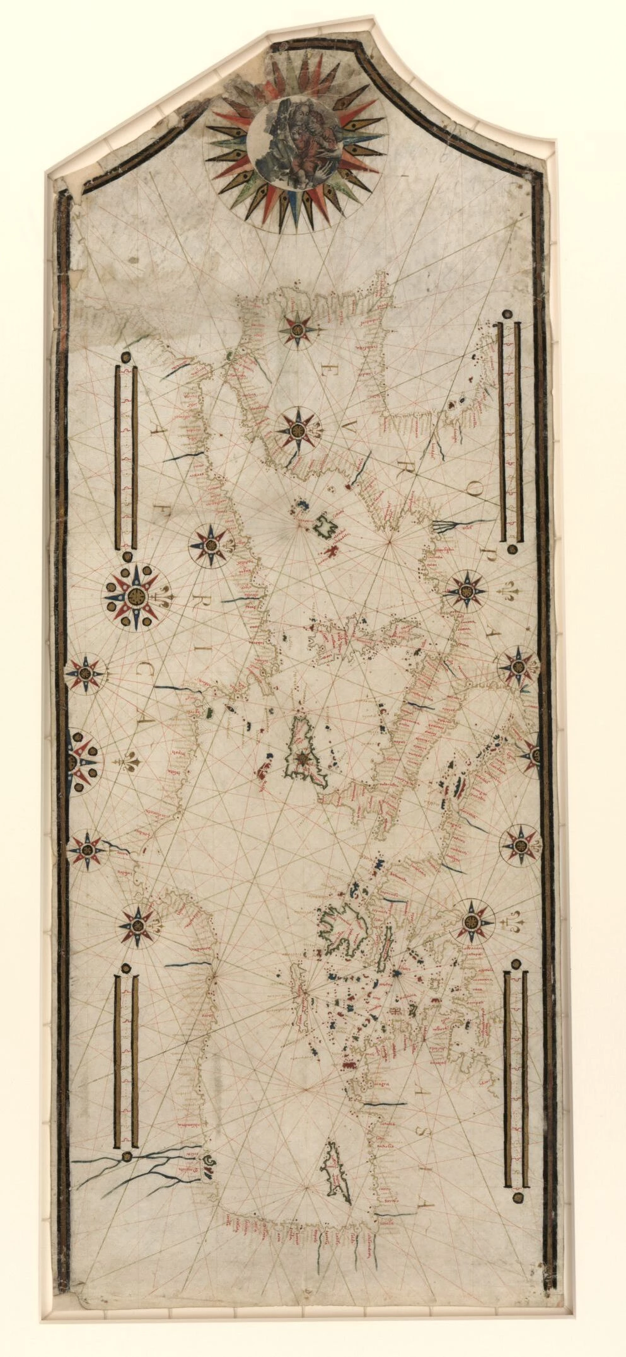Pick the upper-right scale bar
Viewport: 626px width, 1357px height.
[x=508, y=432]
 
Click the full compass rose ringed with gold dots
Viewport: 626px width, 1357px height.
[x=134, y=594]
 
